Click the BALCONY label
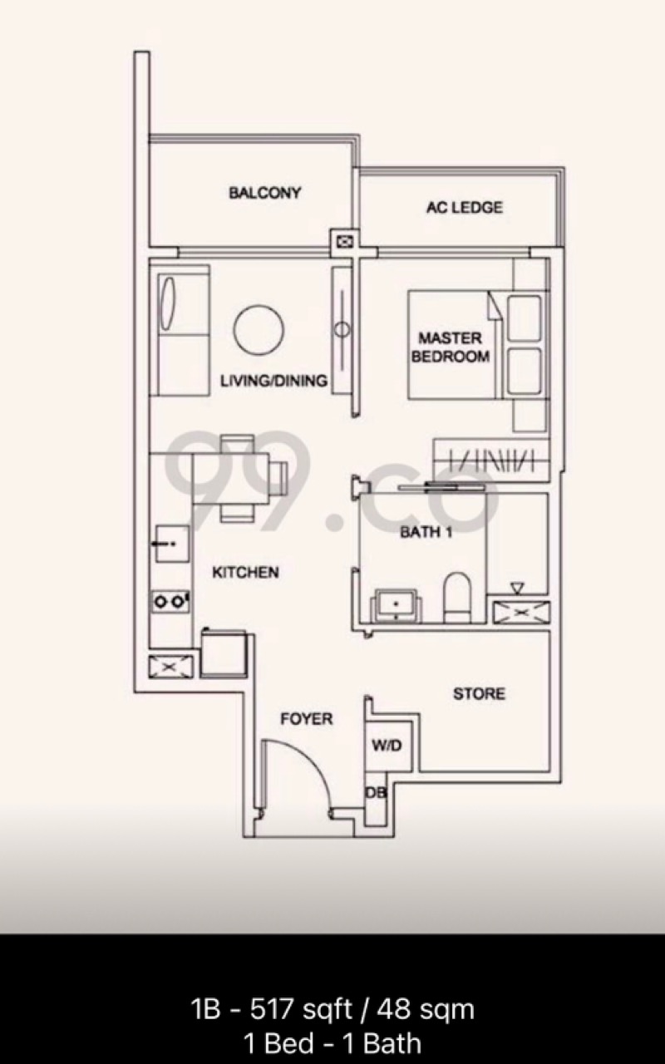point(265,193)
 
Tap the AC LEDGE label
point(464,208)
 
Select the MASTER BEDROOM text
point(451,347)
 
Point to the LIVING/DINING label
point(274,381)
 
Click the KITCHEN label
point(245,573)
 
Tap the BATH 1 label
point(426,532)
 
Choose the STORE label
point(479,693)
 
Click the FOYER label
point(307,719)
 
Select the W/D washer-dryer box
point(388,746)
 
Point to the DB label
point(376,792)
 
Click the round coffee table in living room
point(259,330)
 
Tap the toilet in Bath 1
point(457,598)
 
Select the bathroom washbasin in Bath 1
point(397,605)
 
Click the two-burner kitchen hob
point(170,602)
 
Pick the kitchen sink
point(172,544)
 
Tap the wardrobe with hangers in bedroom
point(491,461)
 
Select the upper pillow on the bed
point(525,318)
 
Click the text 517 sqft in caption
point(301,1009)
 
